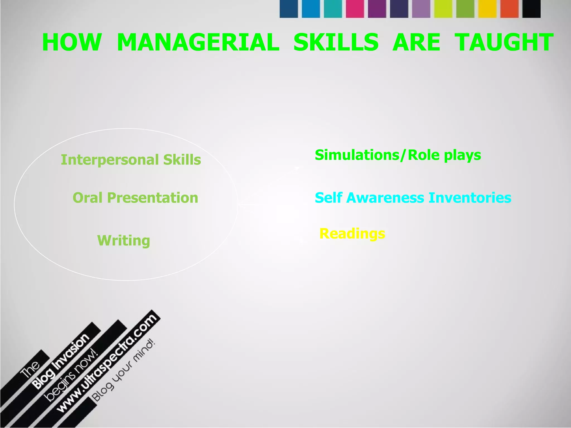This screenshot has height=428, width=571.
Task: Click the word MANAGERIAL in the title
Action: point(198,42)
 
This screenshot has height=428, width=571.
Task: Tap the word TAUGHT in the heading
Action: point(504,42)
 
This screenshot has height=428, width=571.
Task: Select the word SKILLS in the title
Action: point(336,42)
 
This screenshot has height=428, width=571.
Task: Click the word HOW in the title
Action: point(72,42)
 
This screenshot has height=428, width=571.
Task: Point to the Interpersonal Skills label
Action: point(131,160)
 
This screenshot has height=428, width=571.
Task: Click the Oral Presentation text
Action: point(135,198)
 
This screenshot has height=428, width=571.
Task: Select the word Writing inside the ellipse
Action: point(124,240)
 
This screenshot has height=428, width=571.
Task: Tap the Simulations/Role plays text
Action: point(398,155)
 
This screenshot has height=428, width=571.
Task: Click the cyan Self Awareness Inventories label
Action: point(413,198)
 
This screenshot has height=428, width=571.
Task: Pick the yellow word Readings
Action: point(352,234)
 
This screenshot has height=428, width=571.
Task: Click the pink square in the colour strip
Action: point(355,9)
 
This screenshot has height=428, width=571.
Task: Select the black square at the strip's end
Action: point(531,9)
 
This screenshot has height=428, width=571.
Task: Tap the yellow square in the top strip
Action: point(487,9)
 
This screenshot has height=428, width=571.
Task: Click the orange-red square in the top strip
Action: point(509,9)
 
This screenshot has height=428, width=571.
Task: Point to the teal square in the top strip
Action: point(333,9)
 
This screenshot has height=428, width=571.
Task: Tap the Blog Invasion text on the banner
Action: point(61,361)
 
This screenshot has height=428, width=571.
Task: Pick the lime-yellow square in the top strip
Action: point(443,9)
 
